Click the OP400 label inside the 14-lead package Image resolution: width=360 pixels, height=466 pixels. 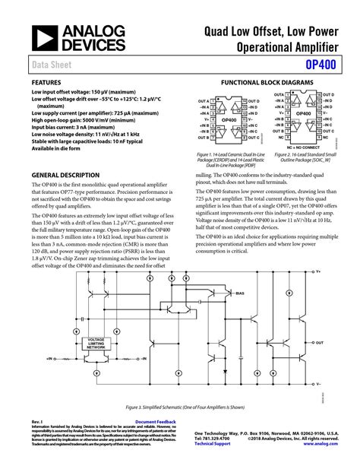[228, 119]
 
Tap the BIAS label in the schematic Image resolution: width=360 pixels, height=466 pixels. [240, 293]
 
